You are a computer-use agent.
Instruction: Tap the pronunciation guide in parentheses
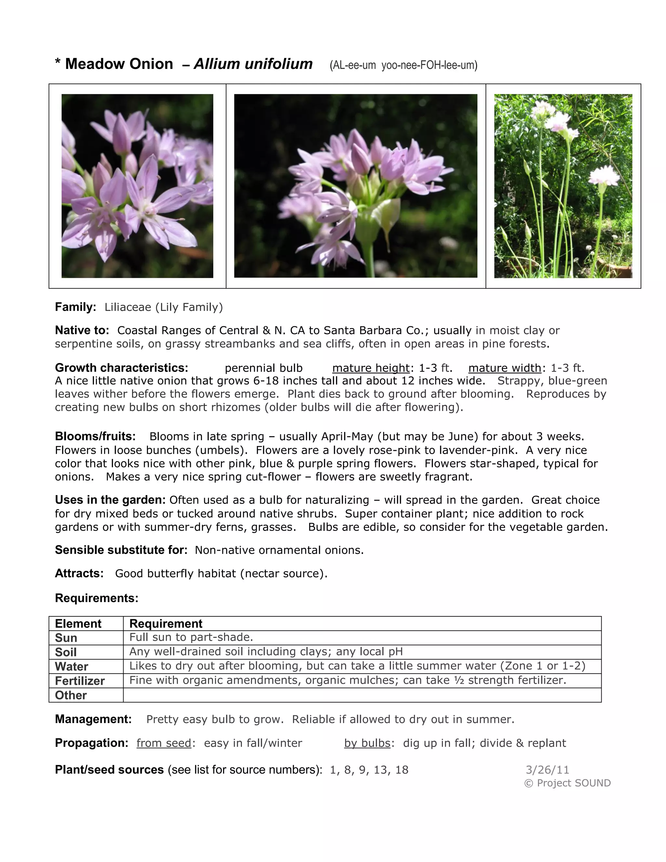click(403, 65)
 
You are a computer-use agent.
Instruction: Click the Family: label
click(75, 307)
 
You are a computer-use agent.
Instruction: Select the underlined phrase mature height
click(371, 368)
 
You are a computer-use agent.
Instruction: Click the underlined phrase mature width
click(505, 368)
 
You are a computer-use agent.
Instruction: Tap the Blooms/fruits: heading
click(95, 436)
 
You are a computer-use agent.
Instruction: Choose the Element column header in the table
click(78, 624)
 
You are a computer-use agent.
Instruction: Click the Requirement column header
click(166, 624)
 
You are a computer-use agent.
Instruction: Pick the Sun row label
click(66, 638)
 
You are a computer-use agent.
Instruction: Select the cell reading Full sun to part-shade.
click(191, 638)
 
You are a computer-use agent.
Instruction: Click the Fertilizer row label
click(80, 681)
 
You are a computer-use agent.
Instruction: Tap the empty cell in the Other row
click(362, 695)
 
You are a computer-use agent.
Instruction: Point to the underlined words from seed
click(164, 743)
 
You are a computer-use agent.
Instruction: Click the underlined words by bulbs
click(367, 743)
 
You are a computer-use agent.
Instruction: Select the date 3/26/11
click(547, 770)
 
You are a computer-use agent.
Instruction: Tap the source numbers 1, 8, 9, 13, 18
click(369, 770)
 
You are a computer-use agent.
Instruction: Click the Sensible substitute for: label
click(121, 550)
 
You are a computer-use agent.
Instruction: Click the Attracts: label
click(79, 573)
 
